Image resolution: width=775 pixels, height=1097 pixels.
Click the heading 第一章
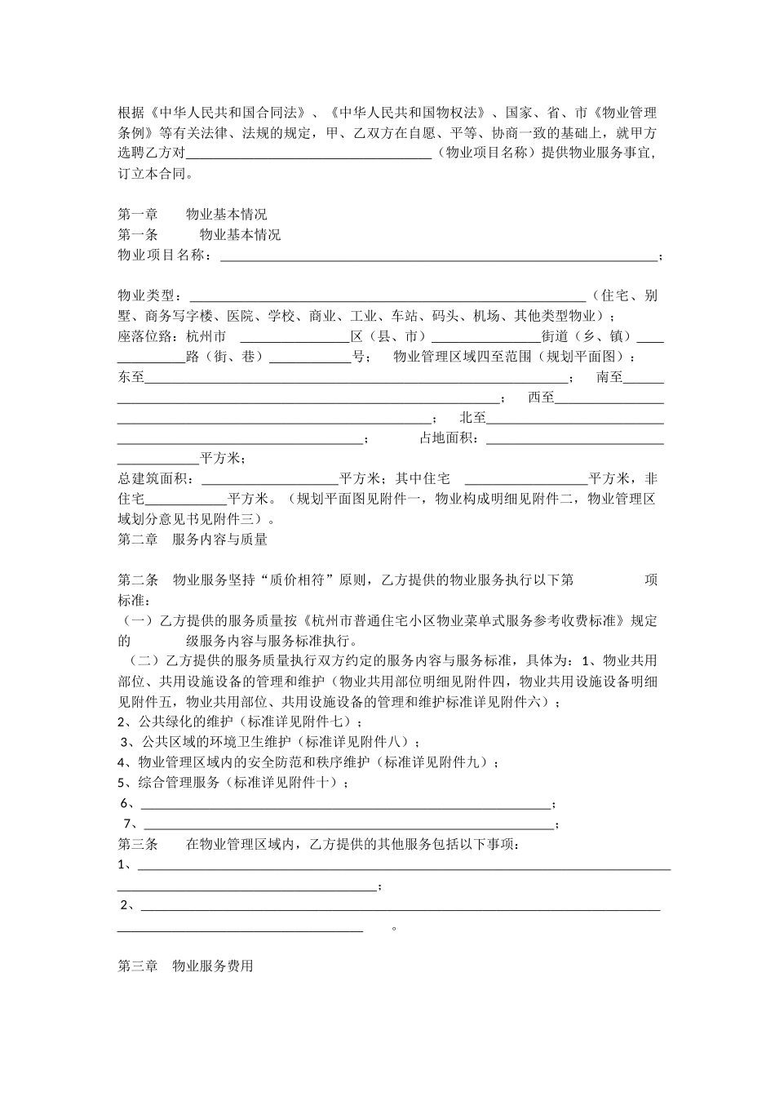click(138, 215)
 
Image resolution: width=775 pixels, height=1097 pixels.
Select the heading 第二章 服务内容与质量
click(193, 540)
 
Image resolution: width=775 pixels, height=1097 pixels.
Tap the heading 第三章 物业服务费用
click(185, 966)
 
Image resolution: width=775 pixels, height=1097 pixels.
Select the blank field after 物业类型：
click(387, 296)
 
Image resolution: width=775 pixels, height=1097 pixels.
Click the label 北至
click(473, 418)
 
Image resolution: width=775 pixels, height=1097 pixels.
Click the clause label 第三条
click(138, 845)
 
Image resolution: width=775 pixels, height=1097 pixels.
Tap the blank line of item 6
click(347, 804)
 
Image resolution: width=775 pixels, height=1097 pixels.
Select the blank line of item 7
click(349, 824)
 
